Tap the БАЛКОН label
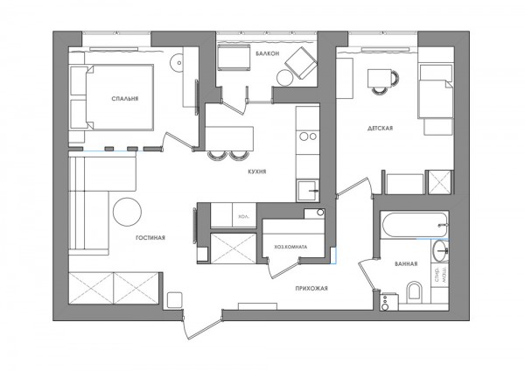tap(267, 53)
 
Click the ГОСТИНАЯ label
tap(150, 237)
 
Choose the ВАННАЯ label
tap(405, 263)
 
